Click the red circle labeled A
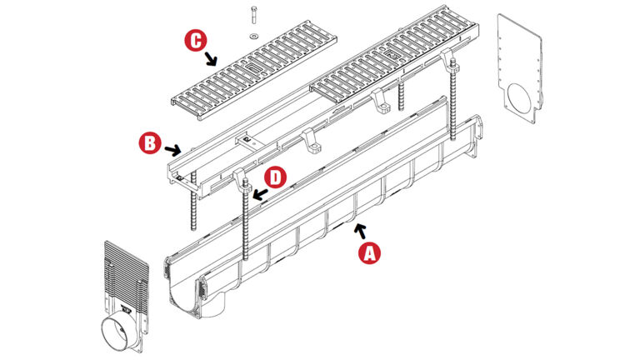[369, 252]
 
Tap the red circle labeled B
[150, 143]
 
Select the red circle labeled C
[197, 40]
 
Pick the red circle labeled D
[276, 178]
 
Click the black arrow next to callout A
[360, 231]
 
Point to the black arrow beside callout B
[172, 151]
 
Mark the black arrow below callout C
[211, 58]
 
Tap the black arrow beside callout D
[260, 194]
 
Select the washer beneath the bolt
[254, 37]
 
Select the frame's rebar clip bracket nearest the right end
[447, 58]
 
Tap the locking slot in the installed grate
[392, 55]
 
